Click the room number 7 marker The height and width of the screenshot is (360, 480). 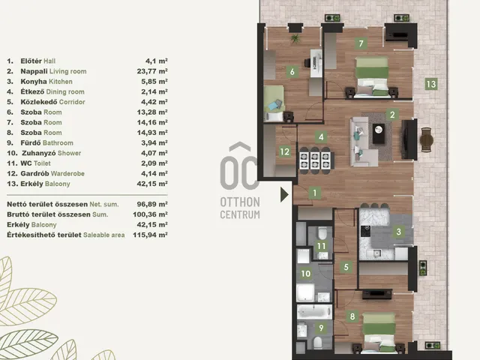pyautogui.click(x=361, y=43)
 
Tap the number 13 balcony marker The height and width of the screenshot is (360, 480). pyautogui.click(x=431, y=83)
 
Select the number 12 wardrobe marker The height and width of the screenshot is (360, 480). pyautogui.click(x=285, y=151)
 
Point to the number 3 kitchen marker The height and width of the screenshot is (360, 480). pyautogui.click(x=398, y=232)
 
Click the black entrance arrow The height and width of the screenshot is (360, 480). pyautogui.click(x=284, y=195)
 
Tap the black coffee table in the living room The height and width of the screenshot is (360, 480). pyautogui.click(x=379, y=133)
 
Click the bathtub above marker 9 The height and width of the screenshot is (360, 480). pyautogui.click(x=314, y=312)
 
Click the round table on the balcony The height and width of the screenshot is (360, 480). pyautogui.click(x=427, y=141)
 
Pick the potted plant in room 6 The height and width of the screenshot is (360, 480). pyautogui.click(x=295, y=38)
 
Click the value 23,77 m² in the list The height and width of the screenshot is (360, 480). pyautogui.click(x=152, y=71)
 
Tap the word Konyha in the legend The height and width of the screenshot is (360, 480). pyautogui.click(x=33, y=82)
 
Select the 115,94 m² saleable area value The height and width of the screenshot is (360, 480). pyautogui.click(x=150, y=235)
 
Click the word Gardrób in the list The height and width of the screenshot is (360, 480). pyautogui.click(x=34, y=173)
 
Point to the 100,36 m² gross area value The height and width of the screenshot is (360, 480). pyautogui.click(x=150, y=214)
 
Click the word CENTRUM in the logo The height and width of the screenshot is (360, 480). pyautogui.click(x=240, y=214)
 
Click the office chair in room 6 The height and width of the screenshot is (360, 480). pyautogui.click(x=307, y=63)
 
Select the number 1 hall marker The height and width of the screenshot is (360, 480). pyautogui.click(x=315, y=193)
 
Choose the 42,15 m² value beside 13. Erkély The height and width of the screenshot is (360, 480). pyautogui.click(x=152, y=184)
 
